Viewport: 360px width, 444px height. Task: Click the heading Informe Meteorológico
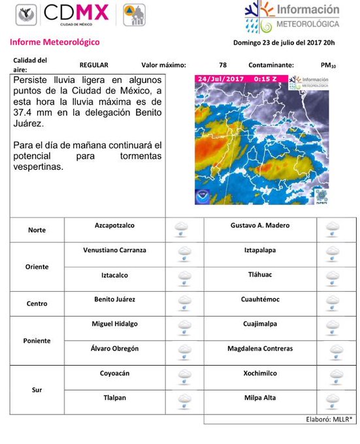tap(55, 42)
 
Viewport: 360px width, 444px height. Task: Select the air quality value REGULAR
tap(93, 65)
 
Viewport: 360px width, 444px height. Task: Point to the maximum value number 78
tap(223, 65)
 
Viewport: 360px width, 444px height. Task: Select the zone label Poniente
tap(37, 341)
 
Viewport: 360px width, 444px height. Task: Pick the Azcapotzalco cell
tap(114, 225)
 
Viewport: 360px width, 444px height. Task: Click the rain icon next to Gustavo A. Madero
tap(333, 229)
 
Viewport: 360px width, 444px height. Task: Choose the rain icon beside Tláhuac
tap(333, 279)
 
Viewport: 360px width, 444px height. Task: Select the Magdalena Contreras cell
tap(260, 349)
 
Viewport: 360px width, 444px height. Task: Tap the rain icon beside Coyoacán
tap(185, 377)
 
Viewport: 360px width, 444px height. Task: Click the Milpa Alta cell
tap(260, 398)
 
